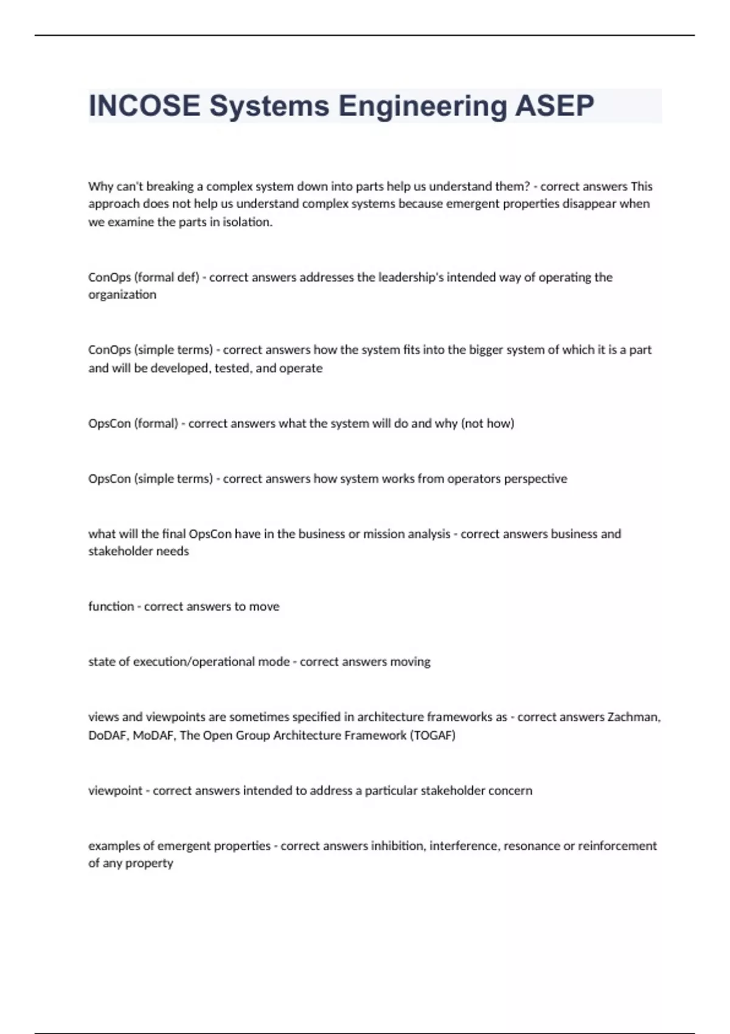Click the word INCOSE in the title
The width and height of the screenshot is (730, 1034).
pos(144,106)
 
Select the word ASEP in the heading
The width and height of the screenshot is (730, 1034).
pos(554,106)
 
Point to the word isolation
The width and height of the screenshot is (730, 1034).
pos(248,223)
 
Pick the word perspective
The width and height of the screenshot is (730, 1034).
pos(535,479)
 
